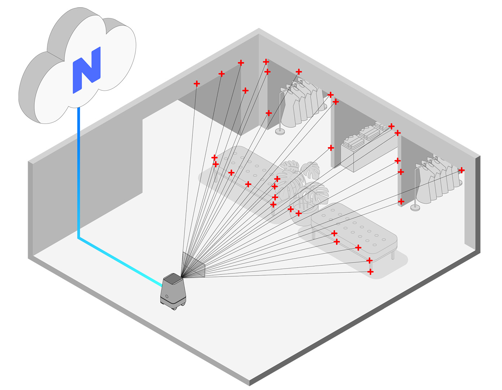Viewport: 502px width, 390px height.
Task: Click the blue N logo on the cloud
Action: (87, 70)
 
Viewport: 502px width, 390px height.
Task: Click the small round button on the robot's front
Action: (167, 296)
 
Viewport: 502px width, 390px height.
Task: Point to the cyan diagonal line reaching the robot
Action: (120, 262)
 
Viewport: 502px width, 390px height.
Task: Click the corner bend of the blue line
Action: (79, 238)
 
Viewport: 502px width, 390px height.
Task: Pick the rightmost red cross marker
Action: (461, 170)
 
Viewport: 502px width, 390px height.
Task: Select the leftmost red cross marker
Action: (197, 83)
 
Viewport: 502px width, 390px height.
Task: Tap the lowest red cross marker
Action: (370, 272)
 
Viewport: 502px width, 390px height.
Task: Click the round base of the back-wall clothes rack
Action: (280, 131)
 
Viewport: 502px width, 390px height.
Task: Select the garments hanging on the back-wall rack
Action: (302, 104)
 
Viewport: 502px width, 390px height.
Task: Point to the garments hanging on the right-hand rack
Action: (438, 180)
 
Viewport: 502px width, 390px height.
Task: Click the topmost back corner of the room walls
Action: (259, 29)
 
